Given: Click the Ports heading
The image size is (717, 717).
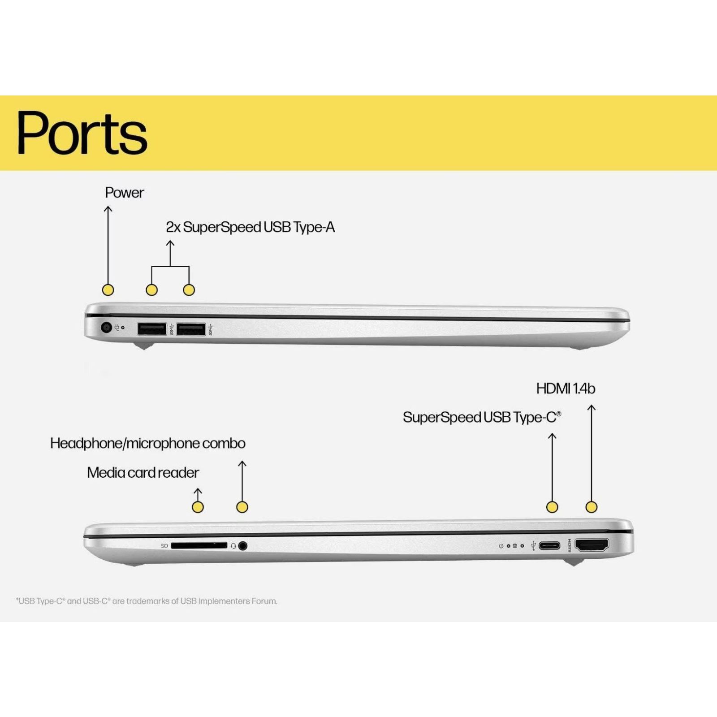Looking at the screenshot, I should coord(82,133).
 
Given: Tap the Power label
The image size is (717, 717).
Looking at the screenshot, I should coord(124,193).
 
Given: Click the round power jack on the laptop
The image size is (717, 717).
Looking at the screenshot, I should coord(106,327).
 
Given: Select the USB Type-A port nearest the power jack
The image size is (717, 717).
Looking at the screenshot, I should coord(152,329).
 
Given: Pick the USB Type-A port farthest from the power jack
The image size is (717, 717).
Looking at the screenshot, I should coord(191,329).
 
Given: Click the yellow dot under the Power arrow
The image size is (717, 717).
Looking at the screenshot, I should coord(108,290).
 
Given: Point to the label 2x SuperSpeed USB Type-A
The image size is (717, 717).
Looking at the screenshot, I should coord(250,227).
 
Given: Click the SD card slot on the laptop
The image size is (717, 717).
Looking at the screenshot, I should coord(199,545).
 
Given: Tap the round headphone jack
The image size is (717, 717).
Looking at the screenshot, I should coord(243,546).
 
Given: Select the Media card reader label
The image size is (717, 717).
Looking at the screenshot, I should coord(143,472).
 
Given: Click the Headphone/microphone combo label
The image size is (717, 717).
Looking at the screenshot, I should coord(147,443).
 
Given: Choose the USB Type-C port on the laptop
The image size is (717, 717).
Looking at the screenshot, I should coord(549,545).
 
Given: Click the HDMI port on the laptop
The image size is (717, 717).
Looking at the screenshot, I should coord(592,545).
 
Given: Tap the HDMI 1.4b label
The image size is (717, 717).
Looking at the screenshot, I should coord(566,389).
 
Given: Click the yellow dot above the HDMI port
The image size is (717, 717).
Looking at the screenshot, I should coord(592,507).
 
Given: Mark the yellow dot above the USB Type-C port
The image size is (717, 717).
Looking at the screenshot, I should coord(552,507).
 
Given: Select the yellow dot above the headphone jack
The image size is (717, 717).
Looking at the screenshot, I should coord(242,507).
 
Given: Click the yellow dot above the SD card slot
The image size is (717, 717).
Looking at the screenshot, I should coord(198,507).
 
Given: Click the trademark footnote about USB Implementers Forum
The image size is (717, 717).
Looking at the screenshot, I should coord(147,601).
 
